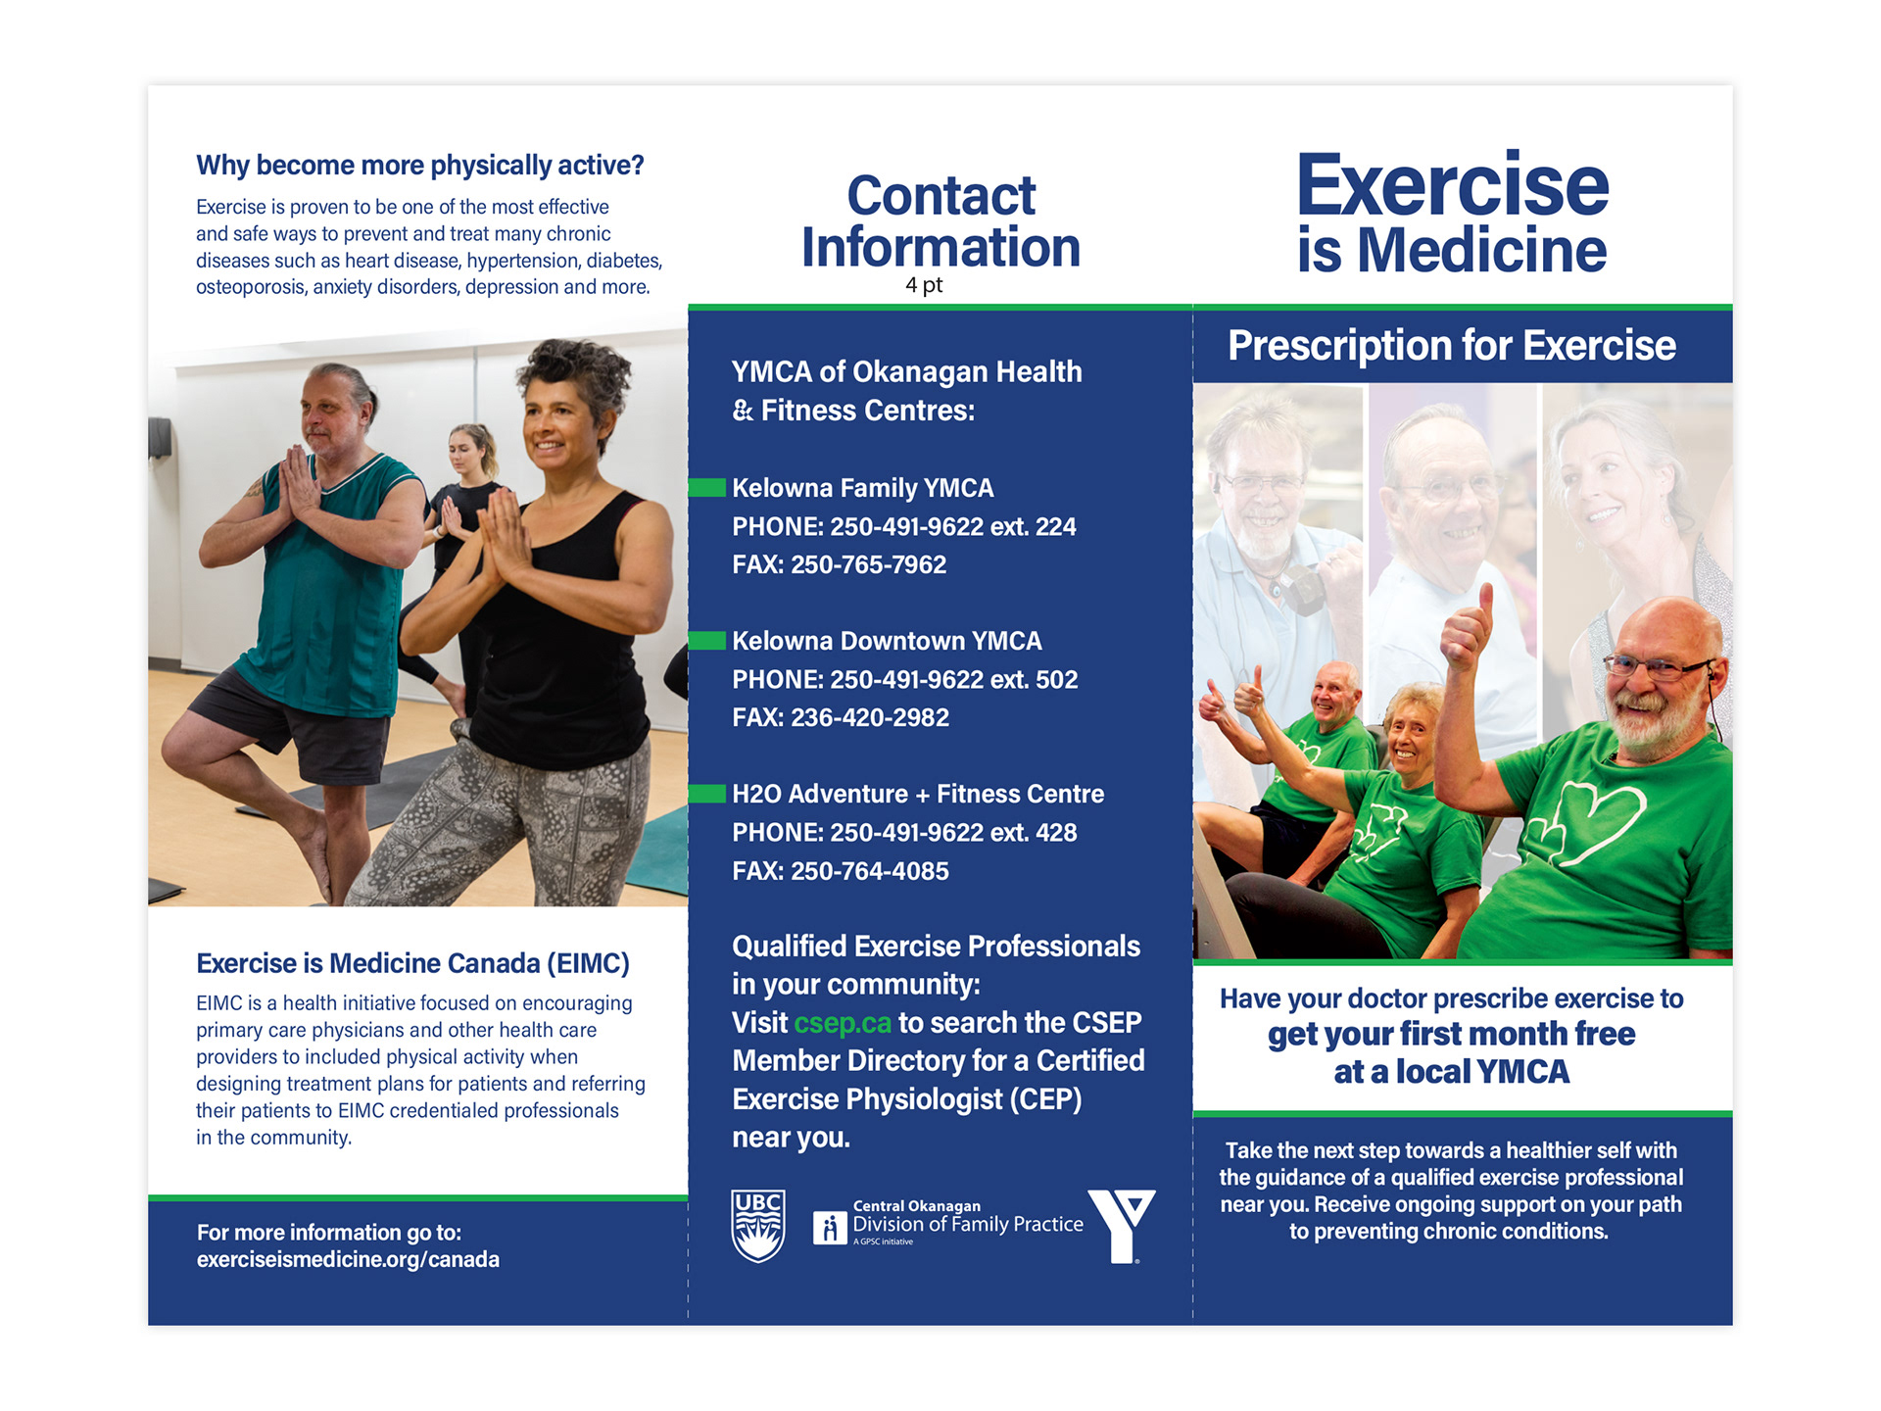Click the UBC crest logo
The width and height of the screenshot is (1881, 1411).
click(x=758, y=1226)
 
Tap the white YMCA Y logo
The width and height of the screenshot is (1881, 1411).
click(x=1122, y=1227)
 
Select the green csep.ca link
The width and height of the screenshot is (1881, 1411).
click(x=843, y=1023)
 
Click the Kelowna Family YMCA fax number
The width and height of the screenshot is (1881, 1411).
click(x=868, y=564)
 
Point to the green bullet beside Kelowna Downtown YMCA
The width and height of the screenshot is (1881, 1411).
click(x=706, y=641)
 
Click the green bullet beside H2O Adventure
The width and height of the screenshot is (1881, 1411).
click(x=706, y=794)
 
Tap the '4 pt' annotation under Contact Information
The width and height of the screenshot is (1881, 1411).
click(x=924, y=285)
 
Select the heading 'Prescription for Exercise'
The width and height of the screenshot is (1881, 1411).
click(x=1452, y=346)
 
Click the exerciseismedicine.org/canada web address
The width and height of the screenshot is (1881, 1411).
click(x=348, y=1259)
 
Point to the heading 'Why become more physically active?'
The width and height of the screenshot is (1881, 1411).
click(x=420, y=166)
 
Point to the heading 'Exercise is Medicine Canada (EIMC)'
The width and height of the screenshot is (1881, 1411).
click(x=412, y=963)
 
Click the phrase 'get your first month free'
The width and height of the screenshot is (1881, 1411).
click(x=1451, y=1034)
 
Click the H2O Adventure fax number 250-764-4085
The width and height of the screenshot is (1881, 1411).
click(x=870, y=871)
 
